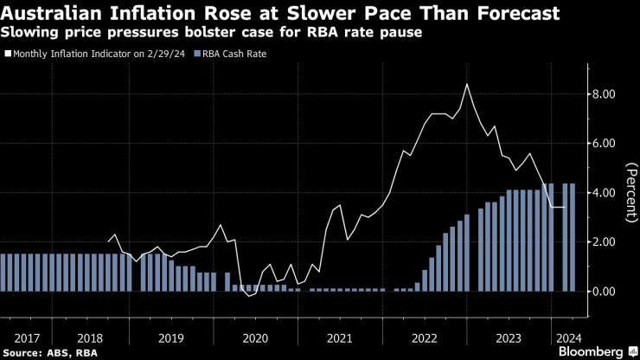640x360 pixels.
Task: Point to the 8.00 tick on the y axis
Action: pos(603,93)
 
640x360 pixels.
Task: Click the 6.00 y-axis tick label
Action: pos(603,143)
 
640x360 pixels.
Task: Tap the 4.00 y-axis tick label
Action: pos(603,192)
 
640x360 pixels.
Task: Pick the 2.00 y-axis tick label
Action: pos(603,241)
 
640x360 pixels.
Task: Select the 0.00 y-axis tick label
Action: pos(603,292)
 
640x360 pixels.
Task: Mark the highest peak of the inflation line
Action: pos(467,84)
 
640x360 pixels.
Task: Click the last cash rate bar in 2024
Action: pos(573,237)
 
